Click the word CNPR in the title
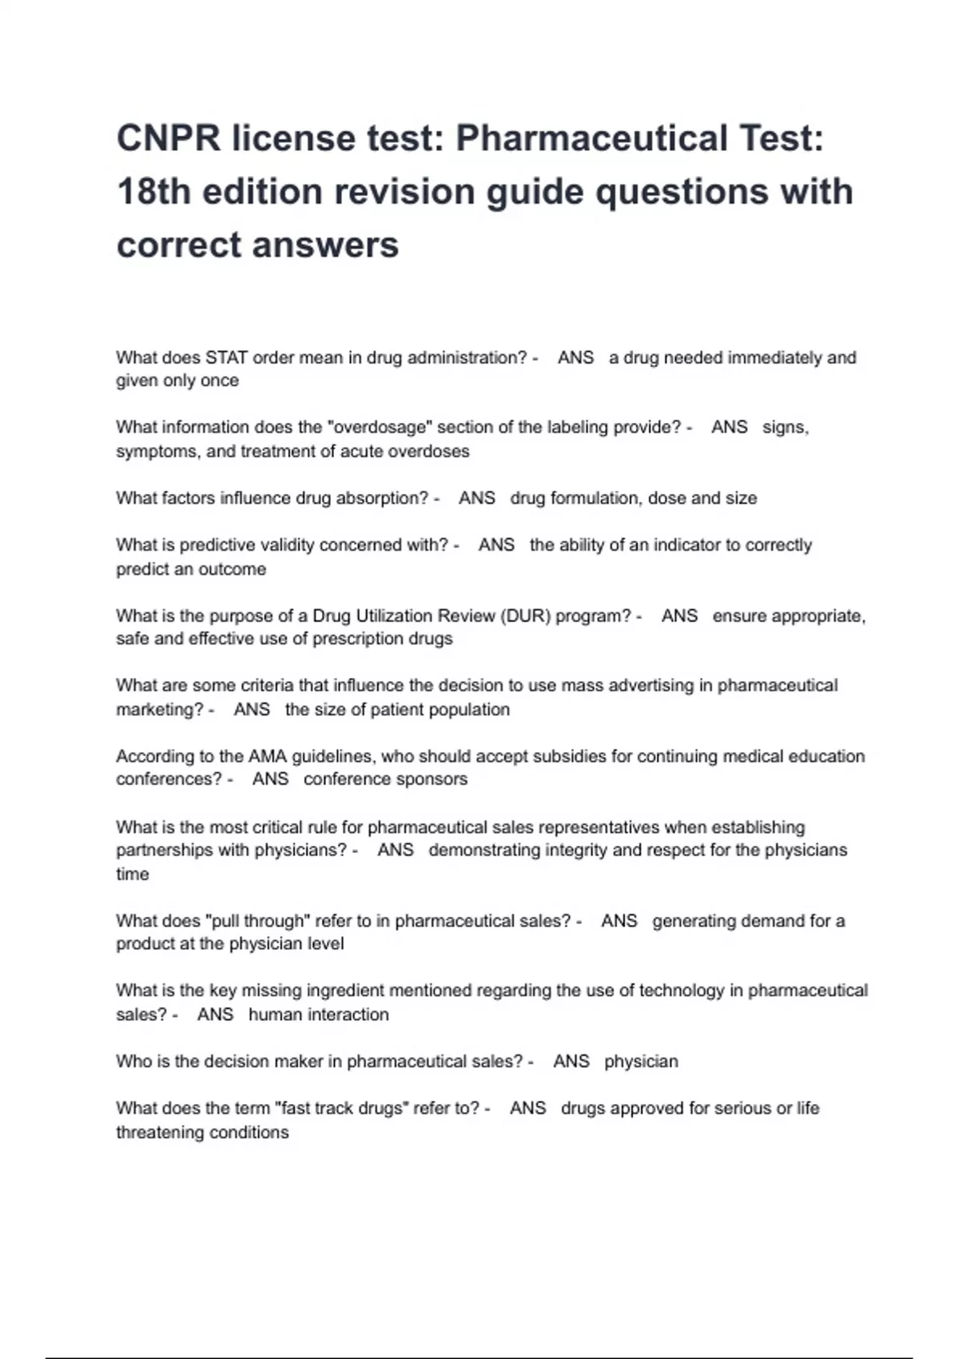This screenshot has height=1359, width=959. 168,138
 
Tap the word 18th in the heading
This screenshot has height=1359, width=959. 153,192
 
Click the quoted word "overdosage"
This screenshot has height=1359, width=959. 380,427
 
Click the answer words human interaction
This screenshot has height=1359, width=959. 318,1014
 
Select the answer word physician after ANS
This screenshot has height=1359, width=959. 641,1062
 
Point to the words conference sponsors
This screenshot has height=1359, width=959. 385,779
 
